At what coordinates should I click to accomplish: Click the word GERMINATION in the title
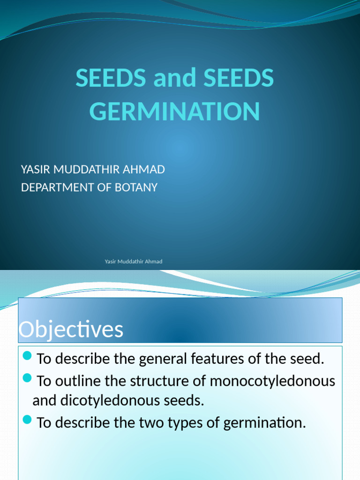[174, 112]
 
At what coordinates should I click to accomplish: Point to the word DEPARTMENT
[59, 187]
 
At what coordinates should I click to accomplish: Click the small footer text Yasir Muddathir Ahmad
[134, 262]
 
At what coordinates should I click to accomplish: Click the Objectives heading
[71, 330]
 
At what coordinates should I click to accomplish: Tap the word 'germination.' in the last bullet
[265, 423]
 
